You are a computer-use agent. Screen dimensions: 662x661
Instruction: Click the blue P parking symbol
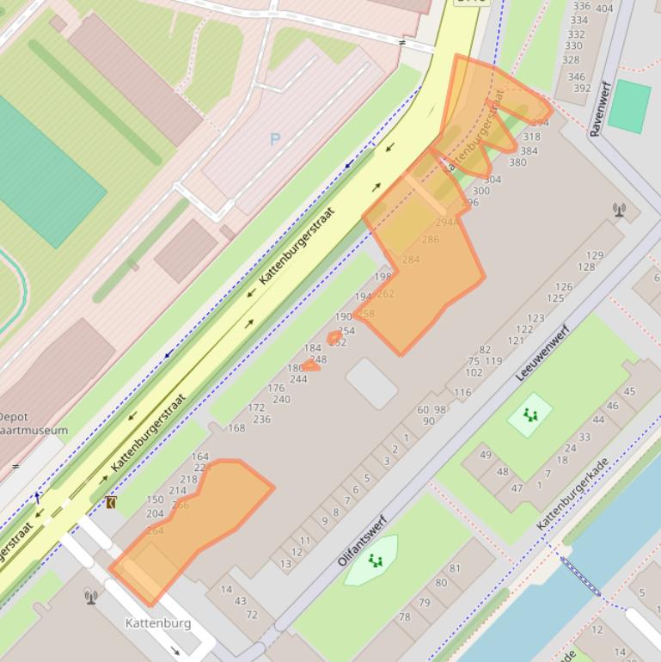click(275, 139)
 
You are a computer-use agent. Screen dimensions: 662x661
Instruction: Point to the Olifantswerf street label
click(363, 540)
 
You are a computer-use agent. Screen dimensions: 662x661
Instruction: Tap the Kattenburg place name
click(158, 622)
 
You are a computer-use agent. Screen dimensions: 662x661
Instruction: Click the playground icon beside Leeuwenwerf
click(530, 415)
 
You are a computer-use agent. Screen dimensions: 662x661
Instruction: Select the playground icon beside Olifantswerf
click(375, 561)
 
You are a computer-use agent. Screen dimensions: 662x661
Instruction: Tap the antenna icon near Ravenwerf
click(619, 209)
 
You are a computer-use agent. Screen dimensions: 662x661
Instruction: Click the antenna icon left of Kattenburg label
click(91, 596)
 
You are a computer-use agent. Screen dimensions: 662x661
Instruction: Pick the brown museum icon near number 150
click(110, 501)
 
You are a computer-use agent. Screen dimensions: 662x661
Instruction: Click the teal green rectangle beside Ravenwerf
click(629, 107)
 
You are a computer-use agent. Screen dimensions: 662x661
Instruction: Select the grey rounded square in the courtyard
click(371, 383)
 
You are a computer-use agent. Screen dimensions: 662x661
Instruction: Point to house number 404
click(604, 9)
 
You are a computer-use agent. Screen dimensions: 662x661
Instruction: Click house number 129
click(595, 255)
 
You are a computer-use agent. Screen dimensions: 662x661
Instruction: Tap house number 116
click(462, 392)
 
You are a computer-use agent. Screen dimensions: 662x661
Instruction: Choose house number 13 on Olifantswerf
click(285, 564)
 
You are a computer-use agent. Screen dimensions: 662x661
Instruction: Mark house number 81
click(455, 568)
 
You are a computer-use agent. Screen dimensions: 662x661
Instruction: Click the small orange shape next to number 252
click(334, 337)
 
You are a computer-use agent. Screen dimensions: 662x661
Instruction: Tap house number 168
click(236, 427)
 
